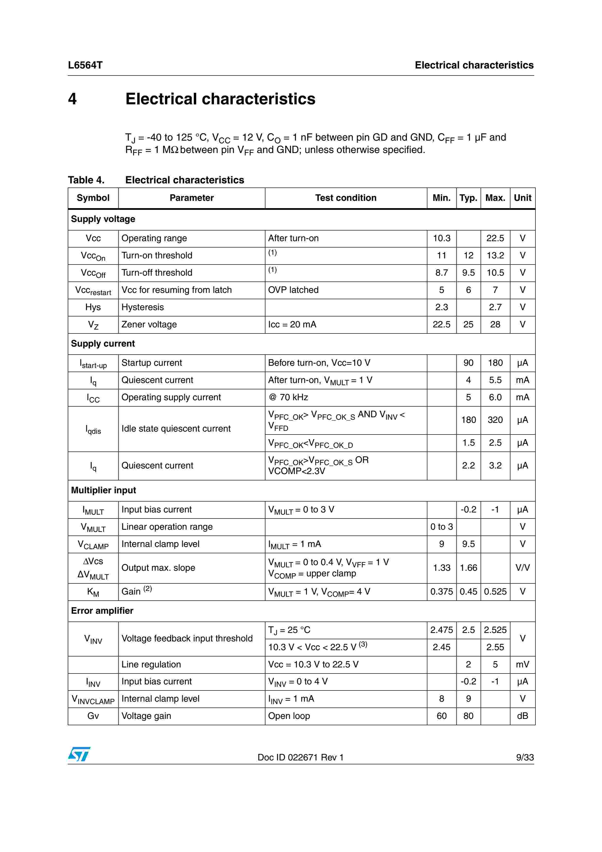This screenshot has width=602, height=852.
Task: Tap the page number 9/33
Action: (x=525, y=757)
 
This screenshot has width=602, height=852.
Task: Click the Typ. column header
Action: (x=468, y=198)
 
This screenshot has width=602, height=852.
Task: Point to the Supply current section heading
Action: (x=103, y=344)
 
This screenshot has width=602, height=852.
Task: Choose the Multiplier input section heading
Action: (x=103, y=490)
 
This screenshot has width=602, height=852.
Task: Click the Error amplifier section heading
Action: (x=102, y=611)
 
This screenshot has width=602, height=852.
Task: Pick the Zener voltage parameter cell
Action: (x=149, y=324)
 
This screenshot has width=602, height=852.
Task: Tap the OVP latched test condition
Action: (x=293, y=290)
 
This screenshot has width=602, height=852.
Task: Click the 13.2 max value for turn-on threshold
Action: (x=495, y=255)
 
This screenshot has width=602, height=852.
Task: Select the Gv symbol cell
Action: (x=93, y=716)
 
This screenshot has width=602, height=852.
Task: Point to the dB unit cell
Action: (x=522, y=716)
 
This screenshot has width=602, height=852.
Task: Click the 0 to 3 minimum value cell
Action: (x=441, y=527)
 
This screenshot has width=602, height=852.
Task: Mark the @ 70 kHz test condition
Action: (x=288, y=397)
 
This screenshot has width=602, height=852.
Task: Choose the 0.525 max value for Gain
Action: (x=495, y=591)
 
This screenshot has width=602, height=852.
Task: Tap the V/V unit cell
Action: (x=522, y=568)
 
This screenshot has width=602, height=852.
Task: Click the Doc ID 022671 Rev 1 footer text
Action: (x=300, y=757)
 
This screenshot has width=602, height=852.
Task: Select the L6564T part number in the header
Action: (x=85, y=65)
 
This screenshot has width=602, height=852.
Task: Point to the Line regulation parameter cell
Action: (x=151, y=664)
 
